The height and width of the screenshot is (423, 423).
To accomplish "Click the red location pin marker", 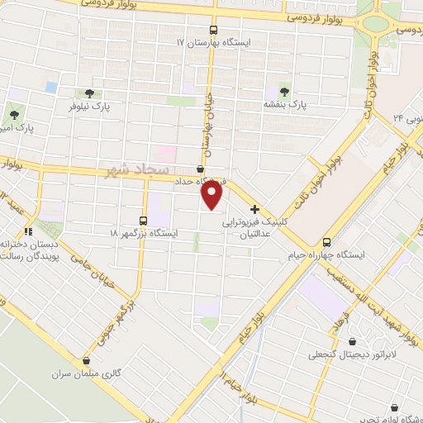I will point(212,195).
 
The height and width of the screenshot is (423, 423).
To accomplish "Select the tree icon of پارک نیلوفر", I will point(88,93).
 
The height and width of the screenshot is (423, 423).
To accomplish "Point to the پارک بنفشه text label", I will point(285,106).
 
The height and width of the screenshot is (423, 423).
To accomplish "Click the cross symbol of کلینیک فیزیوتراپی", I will point(255,209).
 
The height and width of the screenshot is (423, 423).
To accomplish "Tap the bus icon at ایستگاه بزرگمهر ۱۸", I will point(144,221).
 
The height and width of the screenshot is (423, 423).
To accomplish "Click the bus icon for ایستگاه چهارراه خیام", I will point(328,242).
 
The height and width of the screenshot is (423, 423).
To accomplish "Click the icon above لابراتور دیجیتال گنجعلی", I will point(354,341).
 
